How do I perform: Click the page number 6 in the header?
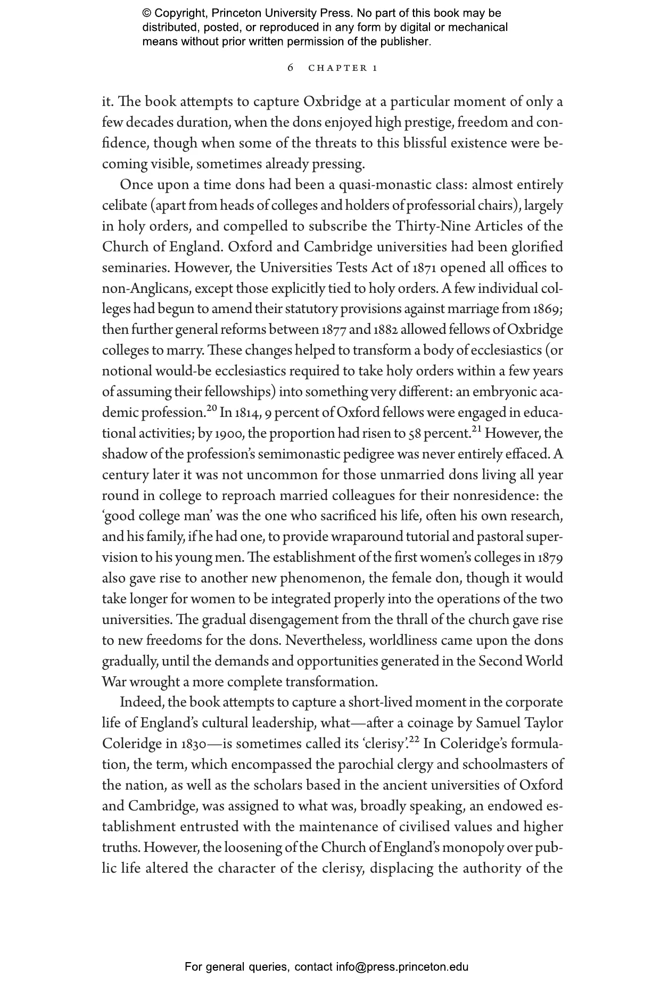(x=290, y=68)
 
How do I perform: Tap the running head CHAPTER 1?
(x=343, y=68)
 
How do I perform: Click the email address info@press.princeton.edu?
(x=402, y=967)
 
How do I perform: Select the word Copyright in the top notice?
(x=179, y=13)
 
